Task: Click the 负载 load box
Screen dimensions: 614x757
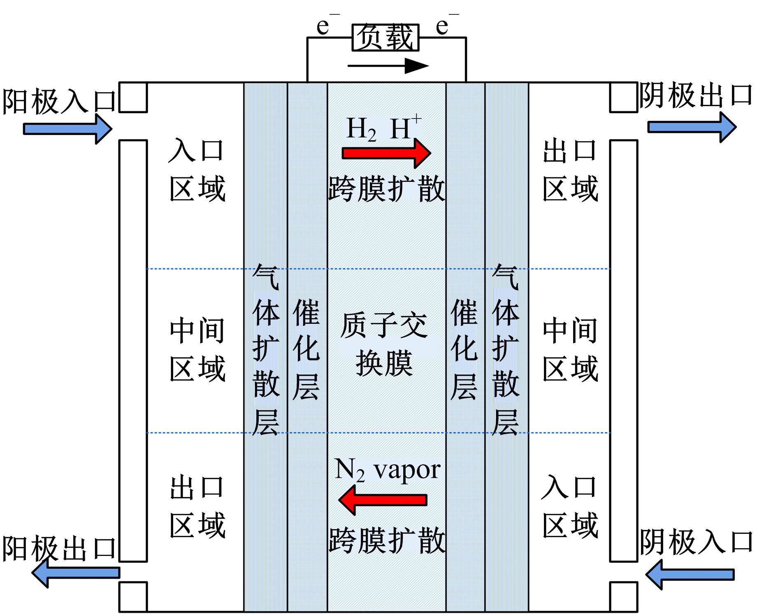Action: tap(385, 38)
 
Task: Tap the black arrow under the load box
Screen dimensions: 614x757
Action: tap(388, 65)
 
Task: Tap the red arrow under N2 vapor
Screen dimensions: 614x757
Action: tap(383, 500)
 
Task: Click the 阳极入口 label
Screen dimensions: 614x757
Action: tap(59, 101)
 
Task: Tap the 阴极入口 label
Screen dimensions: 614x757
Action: tap(696, 542)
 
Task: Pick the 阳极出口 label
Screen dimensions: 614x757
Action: tap(59, 548)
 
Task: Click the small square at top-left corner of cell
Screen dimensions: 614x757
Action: tap(133, 98)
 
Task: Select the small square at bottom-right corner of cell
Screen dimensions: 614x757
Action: tap(623, 596)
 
